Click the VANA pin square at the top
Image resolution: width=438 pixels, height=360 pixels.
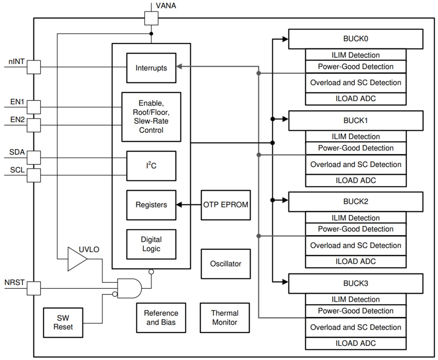click(x=151, y=18)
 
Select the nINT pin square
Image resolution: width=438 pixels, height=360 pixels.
click(x=34, y=67)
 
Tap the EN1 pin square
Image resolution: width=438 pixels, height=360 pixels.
click(x=34, y=107)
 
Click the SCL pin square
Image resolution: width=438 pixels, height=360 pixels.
click(x=34, y=175)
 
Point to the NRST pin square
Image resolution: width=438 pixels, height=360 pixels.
click(x=34, y=288)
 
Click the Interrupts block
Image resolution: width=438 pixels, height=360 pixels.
click(x=151, y=68)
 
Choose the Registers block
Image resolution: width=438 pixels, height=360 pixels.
click(x=151, y=205)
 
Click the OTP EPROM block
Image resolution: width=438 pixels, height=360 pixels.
click(x=226, y=205)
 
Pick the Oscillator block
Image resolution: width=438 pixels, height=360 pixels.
click(x=226, y=264)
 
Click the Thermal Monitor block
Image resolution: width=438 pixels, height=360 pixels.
click(x=225, y=318)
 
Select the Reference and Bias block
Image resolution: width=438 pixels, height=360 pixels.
click(x=161, y=318)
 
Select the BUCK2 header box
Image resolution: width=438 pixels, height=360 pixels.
click(x=356, y=202)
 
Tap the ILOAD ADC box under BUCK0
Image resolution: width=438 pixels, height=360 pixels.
click(x=356, y=99)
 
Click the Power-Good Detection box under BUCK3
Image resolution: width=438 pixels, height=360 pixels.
click(x=356, y=311)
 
